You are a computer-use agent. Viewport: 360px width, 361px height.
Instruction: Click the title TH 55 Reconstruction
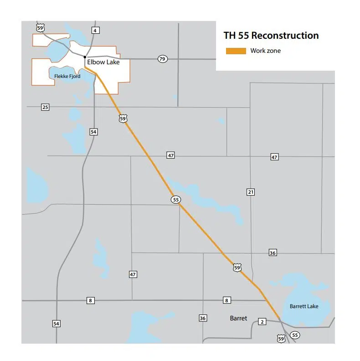coord(271,36)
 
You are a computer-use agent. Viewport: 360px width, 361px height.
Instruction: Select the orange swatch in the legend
coord(236,51)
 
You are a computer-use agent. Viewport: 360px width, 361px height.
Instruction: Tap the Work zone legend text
coord(265,51)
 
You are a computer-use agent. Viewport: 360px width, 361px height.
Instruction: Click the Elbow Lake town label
coord(103,62)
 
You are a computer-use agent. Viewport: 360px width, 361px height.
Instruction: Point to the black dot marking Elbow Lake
coord(85,57)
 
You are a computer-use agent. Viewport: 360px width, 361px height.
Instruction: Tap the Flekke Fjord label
coord(67,76)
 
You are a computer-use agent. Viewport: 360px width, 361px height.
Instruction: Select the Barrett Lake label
coord(304,306)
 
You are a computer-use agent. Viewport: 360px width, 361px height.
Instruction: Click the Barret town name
coord(238,318)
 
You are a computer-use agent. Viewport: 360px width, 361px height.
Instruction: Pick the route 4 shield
coord(95,31)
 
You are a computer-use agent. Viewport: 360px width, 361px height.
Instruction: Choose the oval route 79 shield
coord(162,59)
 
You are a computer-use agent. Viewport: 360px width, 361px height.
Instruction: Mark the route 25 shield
coord(45,107)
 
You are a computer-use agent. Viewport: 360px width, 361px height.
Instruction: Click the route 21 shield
coord(251,192)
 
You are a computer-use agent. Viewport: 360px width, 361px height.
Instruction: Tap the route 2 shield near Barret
coord(262,322)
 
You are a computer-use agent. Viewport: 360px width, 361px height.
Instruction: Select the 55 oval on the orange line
coord(176,200)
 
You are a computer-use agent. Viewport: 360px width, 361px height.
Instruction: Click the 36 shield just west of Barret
coord(203,318)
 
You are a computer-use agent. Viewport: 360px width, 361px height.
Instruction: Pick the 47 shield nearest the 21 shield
coord(274,157)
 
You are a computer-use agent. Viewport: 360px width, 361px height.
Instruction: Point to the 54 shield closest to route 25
coord(94,132)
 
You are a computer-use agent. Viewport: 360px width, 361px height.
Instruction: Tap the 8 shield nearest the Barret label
coord(226,300)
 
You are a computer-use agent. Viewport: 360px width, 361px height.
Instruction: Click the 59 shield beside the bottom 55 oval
coord(282,338)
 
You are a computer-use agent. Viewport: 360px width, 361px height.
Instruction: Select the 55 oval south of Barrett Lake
coord(295,335)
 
